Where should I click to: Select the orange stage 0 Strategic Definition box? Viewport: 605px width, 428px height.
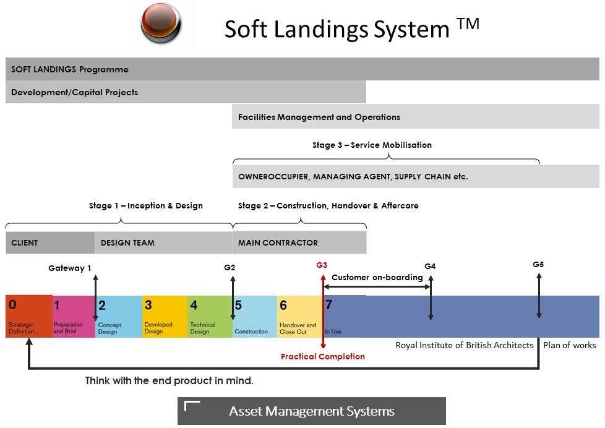point(28,316)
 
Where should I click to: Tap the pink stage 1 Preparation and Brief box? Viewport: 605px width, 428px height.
point(73,316)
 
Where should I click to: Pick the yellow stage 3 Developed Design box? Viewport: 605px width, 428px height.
point(165,316)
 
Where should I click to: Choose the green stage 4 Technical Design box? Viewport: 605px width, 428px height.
point(210,316)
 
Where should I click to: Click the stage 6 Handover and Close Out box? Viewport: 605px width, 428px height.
point(299,316)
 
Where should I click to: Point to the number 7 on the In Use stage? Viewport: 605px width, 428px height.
point(329,305)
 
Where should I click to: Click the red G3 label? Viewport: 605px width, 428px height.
point(322,265)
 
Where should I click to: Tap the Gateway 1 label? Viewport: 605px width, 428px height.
point(70,268)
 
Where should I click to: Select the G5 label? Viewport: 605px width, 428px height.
point(538,264)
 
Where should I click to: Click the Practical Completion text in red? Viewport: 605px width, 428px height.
point(322,356)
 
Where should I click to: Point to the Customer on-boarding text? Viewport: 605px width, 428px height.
point(377,277)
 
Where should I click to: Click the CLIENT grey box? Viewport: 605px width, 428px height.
point(49,242)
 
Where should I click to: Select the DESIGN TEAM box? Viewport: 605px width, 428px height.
point(163,242)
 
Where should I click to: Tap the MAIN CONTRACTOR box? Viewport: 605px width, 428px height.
point(299,242)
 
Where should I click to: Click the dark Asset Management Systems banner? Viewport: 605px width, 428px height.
point(311,411)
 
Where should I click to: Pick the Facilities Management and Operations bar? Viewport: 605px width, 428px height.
point(415,117)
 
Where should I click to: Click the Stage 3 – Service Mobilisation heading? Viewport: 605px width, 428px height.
point(372,145)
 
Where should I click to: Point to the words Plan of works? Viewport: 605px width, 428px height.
point(569,345)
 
